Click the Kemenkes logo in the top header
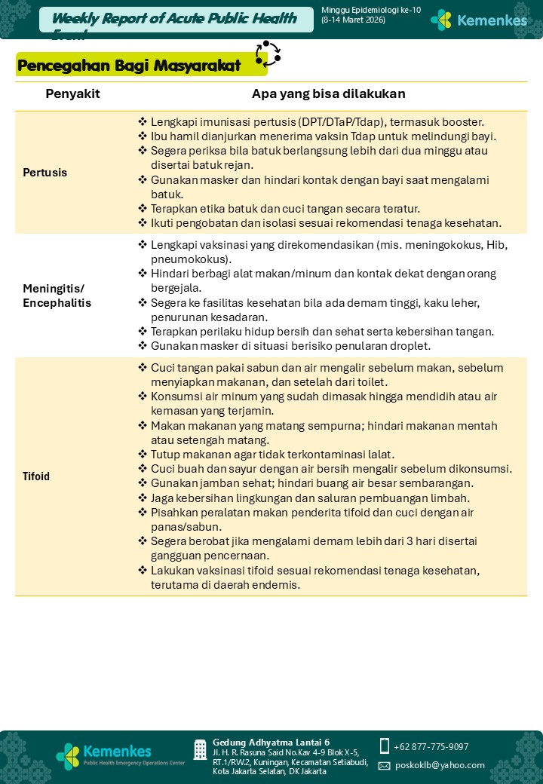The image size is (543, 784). point(479,20)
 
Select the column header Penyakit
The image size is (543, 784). point(72,94)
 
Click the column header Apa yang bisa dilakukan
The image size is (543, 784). point(328,94)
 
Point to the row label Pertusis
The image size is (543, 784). point(45,173)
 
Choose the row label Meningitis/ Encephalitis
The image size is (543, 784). point(57,296)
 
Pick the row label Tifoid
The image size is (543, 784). point(36,476)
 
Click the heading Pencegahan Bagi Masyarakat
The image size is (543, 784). point(129,66)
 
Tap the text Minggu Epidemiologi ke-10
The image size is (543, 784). point(370,10)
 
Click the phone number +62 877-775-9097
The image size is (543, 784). point(431,747)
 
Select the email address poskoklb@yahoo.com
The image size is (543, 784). point(440,765)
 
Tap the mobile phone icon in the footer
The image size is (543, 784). point(385,746)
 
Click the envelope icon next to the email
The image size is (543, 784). point(384,765)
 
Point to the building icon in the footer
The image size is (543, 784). point(200,749)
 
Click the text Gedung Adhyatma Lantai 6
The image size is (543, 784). point(271,743)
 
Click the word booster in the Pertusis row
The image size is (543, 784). point(462,122)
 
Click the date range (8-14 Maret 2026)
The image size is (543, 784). point(353,20)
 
